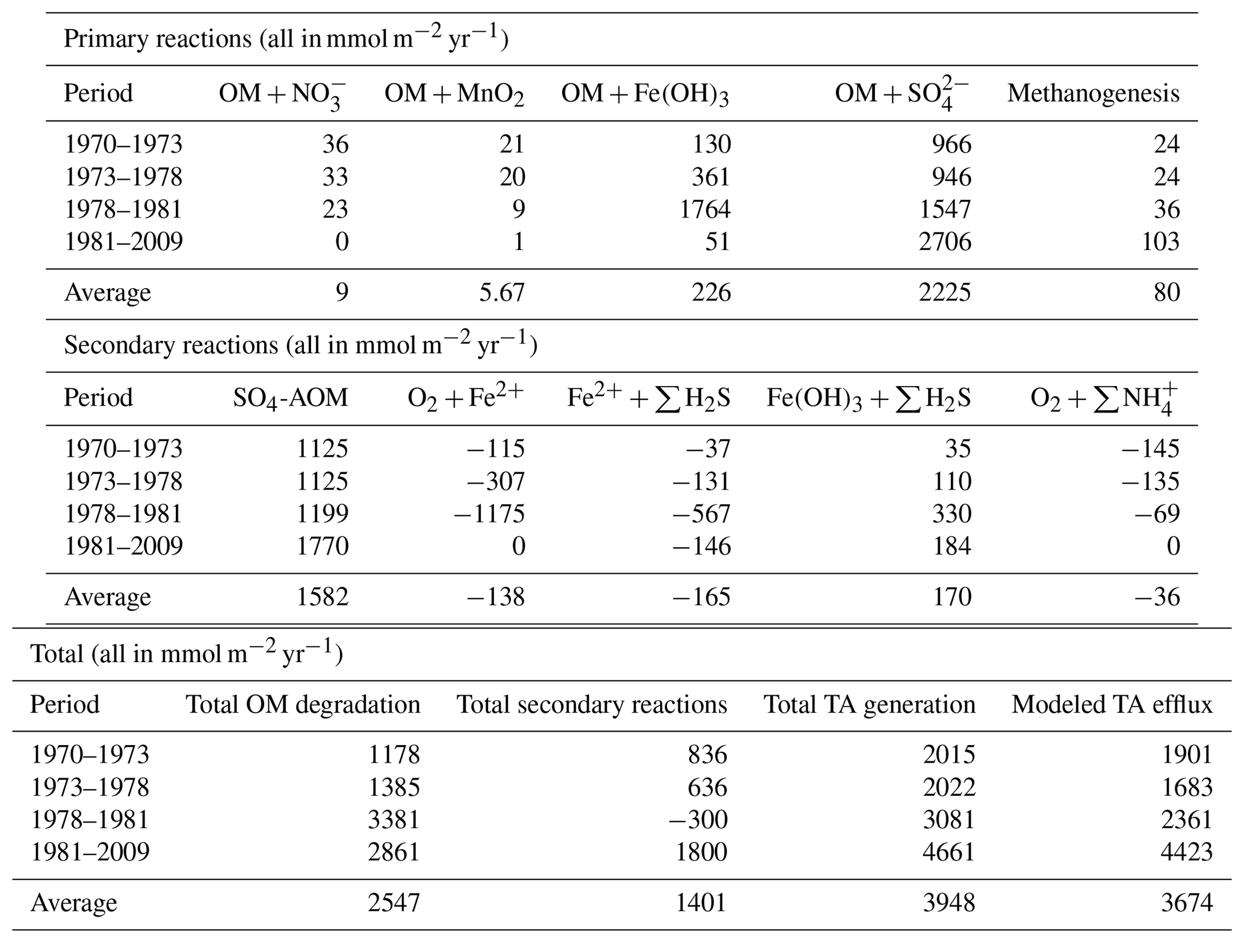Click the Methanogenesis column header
click(x=1093, y=93)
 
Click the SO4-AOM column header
click(x=291, y=398)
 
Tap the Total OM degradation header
click(x=303, y=705)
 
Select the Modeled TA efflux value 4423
click(x=1186, y=852)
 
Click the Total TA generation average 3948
click(x=948, y=903)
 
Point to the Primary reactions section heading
click(x=286, y=39)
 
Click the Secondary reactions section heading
click(x=300, y=346)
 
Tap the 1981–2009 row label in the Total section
click(x=90, y=852)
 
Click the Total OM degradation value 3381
click(x=394, y=820)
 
